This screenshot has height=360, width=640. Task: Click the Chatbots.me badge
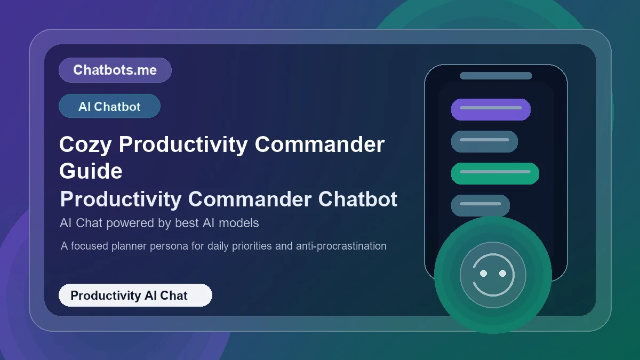(115, 70)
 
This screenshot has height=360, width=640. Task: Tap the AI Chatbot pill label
(109, 106)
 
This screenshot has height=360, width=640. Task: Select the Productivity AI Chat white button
(135, 295)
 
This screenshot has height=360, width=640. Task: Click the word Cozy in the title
(85, 145)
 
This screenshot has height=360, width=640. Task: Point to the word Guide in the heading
(91, 171)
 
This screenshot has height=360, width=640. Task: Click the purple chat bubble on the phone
(491, 109)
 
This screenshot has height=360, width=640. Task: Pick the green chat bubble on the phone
(495, 173)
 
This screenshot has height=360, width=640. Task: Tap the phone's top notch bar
(496, 76)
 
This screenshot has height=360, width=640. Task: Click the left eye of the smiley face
(484, 273)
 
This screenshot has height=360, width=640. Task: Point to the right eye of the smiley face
(502, 273)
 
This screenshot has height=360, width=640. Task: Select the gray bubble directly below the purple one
(484, 141)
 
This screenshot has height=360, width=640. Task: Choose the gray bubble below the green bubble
(480, 205)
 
